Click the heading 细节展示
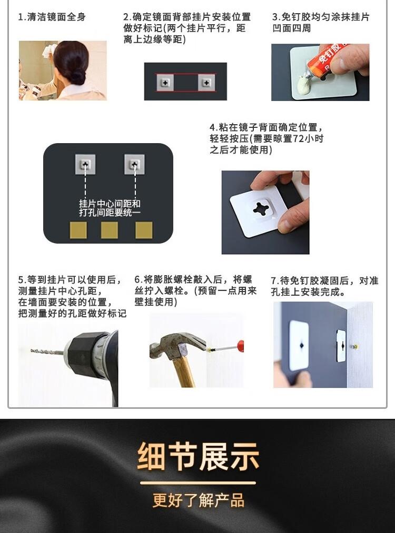point(198,456)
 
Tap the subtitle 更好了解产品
point(199,500)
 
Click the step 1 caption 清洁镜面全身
point(56,17)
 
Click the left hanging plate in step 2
point(165,83)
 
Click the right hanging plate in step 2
point(206,83)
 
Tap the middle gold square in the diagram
point(109,230)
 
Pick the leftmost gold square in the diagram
point(78,230)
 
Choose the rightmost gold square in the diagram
point(144,230)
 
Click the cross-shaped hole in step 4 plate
point(262,208)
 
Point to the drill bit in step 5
point(47,351)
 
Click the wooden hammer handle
point(183,371)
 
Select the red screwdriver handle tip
point(240,346)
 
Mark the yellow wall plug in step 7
point(355,347)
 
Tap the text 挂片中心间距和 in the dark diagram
point(110,203)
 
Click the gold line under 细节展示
point(198,482)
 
